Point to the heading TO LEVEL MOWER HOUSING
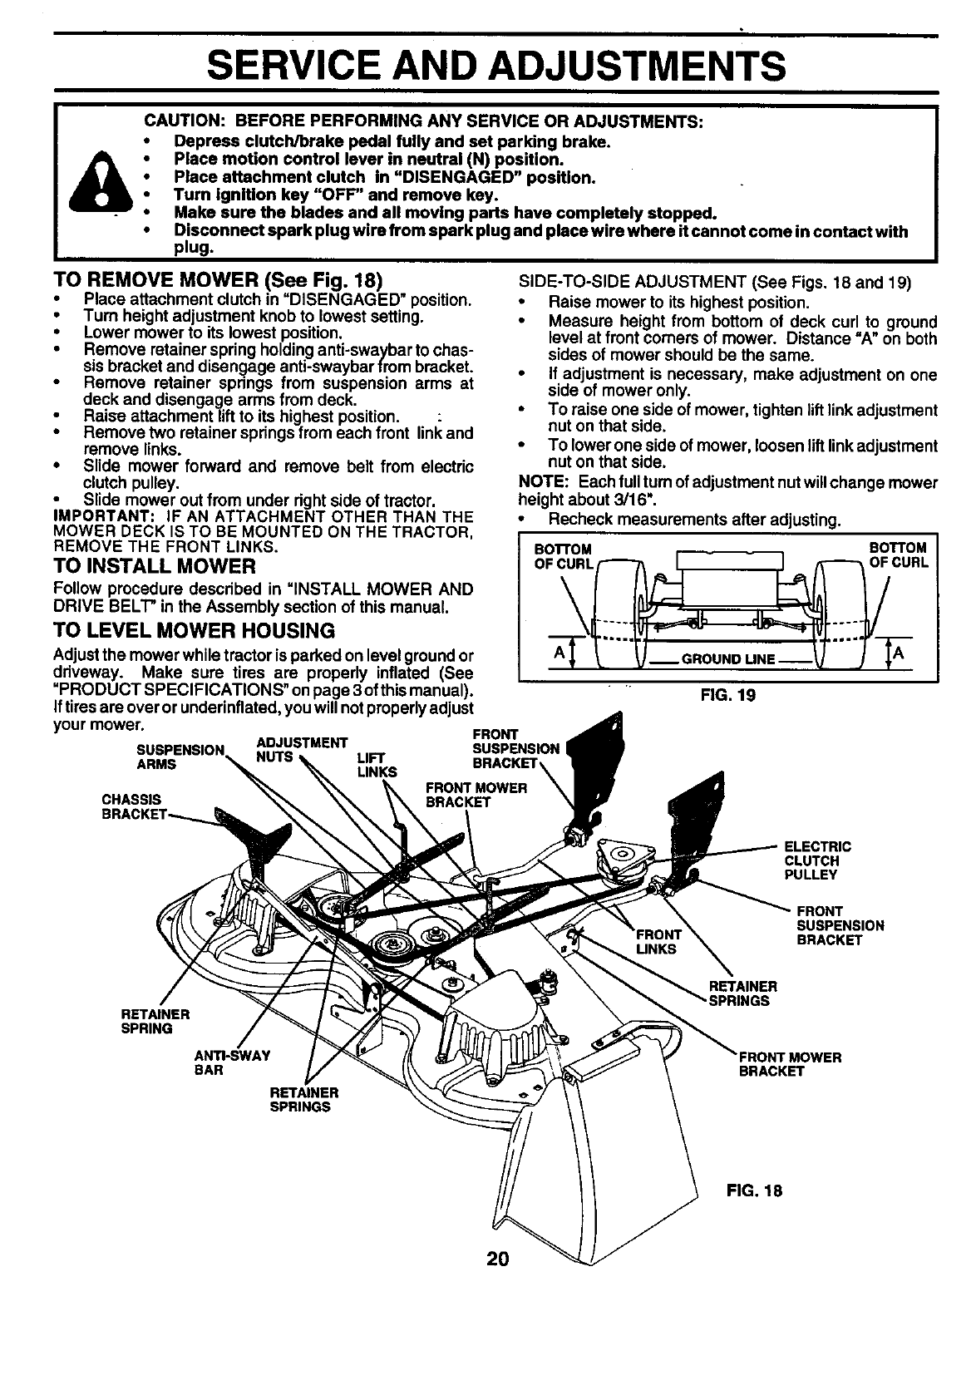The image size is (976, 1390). tap(194, 629)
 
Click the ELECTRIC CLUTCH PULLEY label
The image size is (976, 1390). tap(817, 861)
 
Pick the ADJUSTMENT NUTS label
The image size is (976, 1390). tap(301, 749)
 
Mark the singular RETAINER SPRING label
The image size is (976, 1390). tap(155, 1022)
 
